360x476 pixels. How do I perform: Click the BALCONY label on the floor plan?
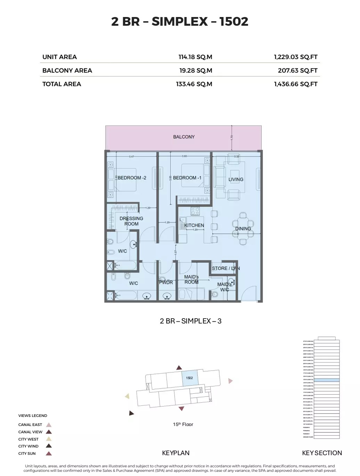tap(184, 137)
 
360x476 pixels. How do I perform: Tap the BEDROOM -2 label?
tap(132, 178)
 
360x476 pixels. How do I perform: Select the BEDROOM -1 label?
tap(187, 178)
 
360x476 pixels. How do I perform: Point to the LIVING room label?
tap(236, 179)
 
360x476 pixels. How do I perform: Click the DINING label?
tap(243, 229)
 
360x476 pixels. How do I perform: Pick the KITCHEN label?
tap(194, 225)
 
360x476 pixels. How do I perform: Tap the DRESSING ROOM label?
tap(131, 221)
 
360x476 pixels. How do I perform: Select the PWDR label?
tap(166, 282)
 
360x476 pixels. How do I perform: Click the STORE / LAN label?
tap(226, 268)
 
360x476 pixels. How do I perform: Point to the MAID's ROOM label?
tap(191, 279)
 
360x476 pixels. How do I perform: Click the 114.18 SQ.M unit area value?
tap(195, 57)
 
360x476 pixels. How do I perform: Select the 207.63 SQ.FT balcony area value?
tap(297, 71)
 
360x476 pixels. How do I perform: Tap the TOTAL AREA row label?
tap(62, 84)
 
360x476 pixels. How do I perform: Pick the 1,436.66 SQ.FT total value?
tap(295, 84)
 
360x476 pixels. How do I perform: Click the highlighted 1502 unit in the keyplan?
tap(190, 378)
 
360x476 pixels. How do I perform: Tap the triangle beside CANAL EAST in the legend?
tap(49, 425)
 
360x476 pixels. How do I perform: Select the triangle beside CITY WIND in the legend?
tap(49, 446)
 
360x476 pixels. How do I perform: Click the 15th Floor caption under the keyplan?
tap(183, 424)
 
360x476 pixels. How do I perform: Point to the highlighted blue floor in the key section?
tap(327, 380)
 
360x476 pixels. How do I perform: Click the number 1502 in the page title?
tap(234, 22)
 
